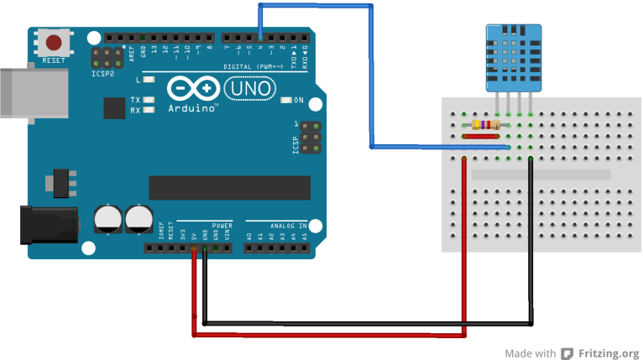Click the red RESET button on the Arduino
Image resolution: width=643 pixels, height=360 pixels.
click(55, 43)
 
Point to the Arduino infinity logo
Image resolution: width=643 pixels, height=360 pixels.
click(194, 89)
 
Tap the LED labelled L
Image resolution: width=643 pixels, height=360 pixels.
click(149, 80)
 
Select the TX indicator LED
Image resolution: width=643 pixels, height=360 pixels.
click(149, 101)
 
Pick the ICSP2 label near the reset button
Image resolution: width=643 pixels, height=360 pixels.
click(103, 74)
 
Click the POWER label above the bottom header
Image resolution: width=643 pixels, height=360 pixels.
click(222, 226)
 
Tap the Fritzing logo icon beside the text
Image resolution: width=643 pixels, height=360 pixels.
click(568, 353)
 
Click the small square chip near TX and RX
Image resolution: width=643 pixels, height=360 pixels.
click(114, 107)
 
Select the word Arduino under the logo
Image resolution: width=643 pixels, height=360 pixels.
click(192, 109)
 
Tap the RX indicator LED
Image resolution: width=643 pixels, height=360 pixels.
click(149, 110)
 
